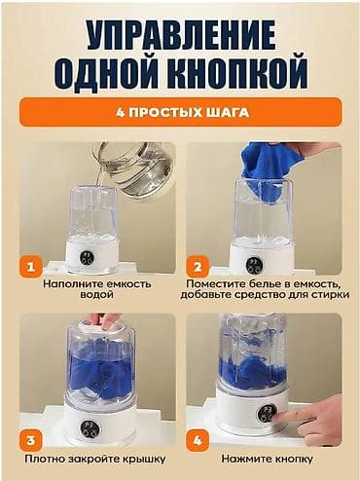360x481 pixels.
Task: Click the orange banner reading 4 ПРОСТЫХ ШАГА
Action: point(180,112)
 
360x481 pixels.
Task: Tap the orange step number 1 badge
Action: point(30,265)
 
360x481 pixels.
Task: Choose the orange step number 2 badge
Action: point(198,265)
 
